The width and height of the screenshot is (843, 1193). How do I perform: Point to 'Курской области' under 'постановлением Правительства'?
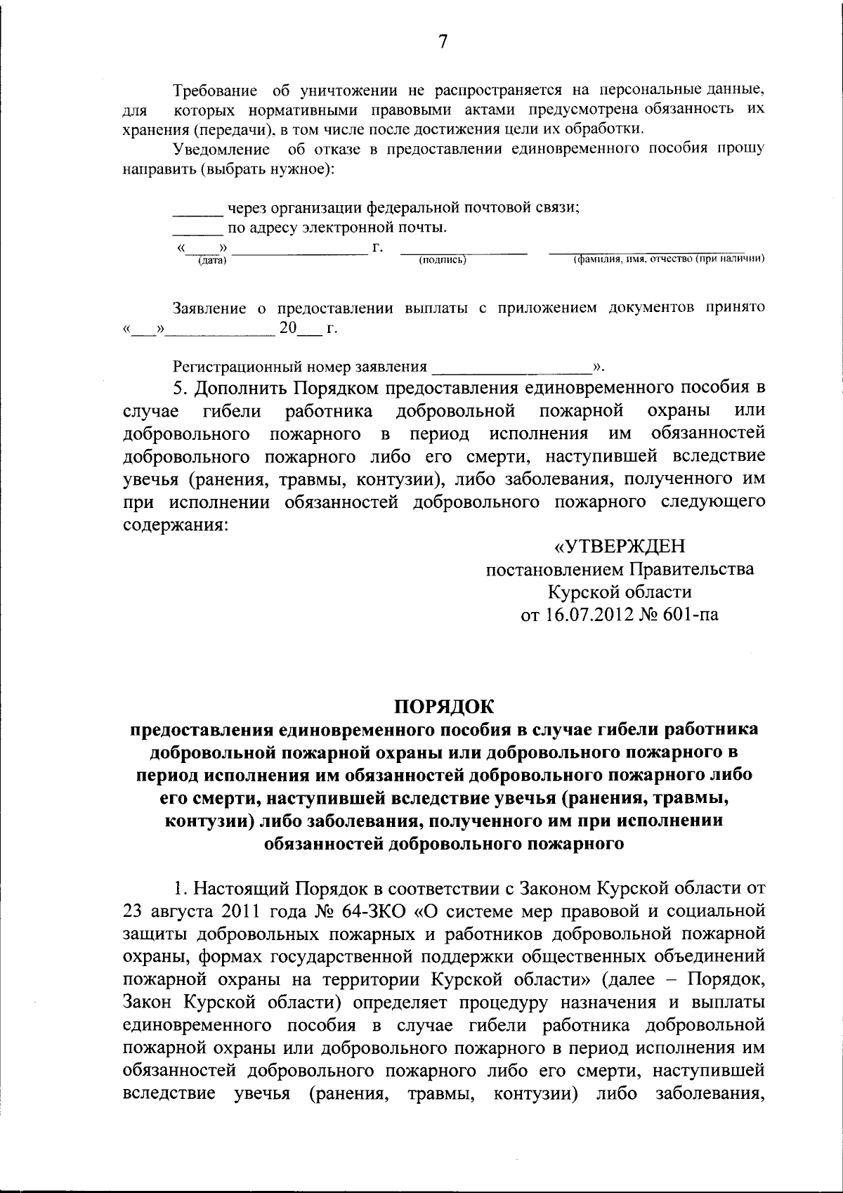pyautogui.click(x=620, y=592)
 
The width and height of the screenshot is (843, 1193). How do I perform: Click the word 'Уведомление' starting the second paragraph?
pyautogui.click(x=221, y=150)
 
